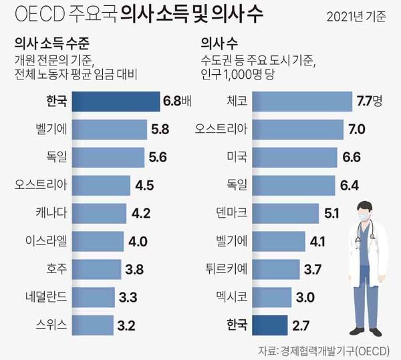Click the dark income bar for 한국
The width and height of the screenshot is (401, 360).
pos(115,103)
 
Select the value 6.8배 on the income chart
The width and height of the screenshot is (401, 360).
pos(177,103)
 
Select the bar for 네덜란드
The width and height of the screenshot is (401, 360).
pos(93,298)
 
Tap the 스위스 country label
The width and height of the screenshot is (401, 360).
pos(51,326)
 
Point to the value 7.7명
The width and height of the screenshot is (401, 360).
pos(368,102)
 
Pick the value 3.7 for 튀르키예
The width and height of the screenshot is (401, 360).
pos(313,269)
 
